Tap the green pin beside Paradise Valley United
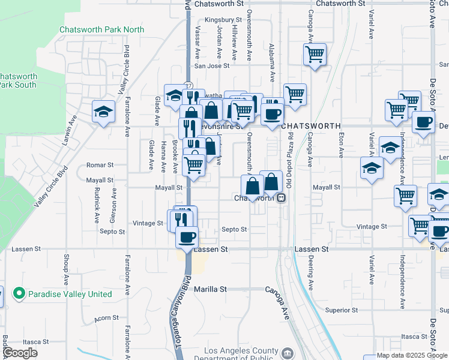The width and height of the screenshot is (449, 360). [x=19, y=294]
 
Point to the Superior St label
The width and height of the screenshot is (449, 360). [x=341, y=310]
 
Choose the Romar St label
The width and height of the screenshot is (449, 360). [x=100, y=164]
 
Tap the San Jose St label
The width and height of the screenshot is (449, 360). [x=206, y=66]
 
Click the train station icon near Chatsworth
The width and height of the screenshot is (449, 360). [x=280, y=198]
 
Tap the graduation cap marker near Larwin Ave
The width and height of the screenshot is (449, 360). [x=103, y=112]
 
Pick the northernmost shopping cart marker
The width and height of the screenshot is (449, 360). [x=315, y=55]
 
